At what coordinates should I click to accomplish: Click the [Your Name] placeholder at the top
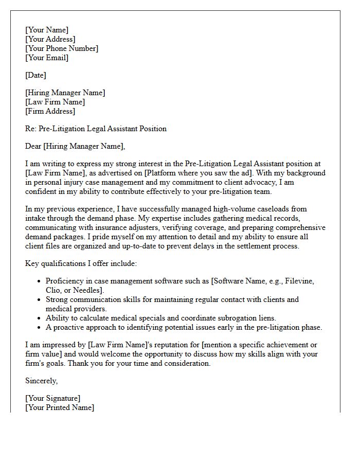coord(46,30)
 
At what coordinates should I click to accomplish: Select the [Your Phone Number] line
coord(61,48)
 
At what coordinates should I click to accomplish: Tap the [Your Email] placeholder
coord(46,58)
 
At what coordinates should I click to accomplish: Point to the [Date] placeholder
coord(35,75)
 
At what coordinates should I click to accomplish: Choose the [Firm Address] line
coord(50,111)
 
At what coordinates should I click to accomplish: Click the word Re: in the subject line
coord(30,129)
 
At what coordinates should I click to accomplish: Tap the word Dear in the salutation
coord(33,146)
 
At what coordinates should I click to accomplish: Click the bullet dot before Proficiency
coord(39,281)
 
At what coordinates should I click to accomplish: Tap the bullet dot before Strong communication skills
coord(39,300)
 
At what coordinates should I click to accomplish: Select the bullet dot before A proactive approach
coord(39,328)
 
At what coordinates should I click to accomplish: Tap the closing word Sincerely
coord(41,381)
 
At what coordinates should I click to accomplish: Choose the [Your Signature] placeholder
coord(52,398)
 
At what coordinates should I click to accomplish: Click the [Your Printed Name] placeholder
coord(59,407)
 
